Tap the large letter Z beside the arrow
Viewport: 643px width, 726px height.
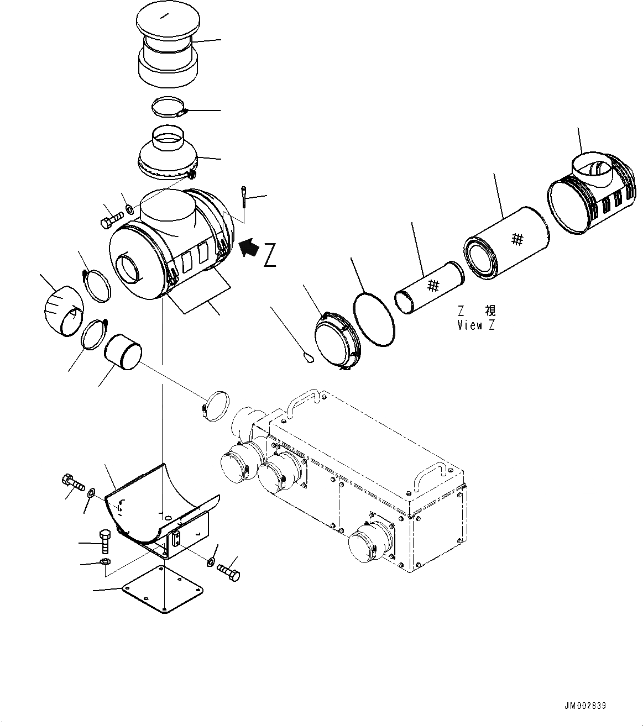click(270, 255)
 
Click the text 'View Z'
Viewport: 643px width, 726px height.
click(476, 325)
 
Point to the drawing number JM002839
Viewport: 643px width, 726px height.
click(585, 706)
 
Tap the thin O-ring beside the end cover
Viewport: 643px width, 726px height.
click(374, 319)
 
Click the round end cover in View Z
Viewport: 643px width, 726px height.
click(336, 340)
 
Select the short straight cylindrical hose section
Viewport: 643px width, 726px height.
click(123, 350)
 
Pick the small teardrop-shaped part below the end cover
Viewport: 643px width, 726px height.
click(309, 359)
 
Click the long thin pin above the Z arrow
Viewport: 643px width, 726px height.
click(244, 199)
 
